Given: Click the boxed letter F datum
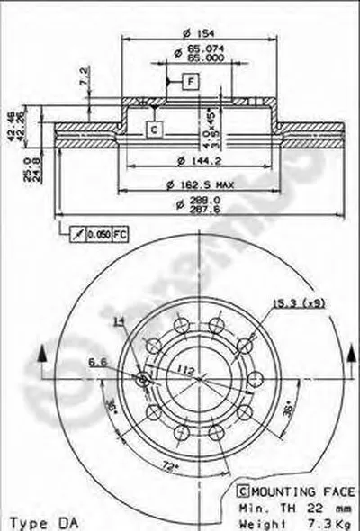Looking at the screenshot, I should coord(191,83).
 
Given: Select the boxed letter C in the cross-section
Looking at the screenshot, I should coord(154,130).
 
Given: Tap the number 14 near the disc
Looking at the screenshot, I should coord(119,321).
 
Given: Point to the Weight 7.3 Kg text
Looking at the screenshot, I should coord(288,520).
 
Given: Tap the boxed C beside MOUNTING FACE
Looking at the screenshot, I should coord(243,492).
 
